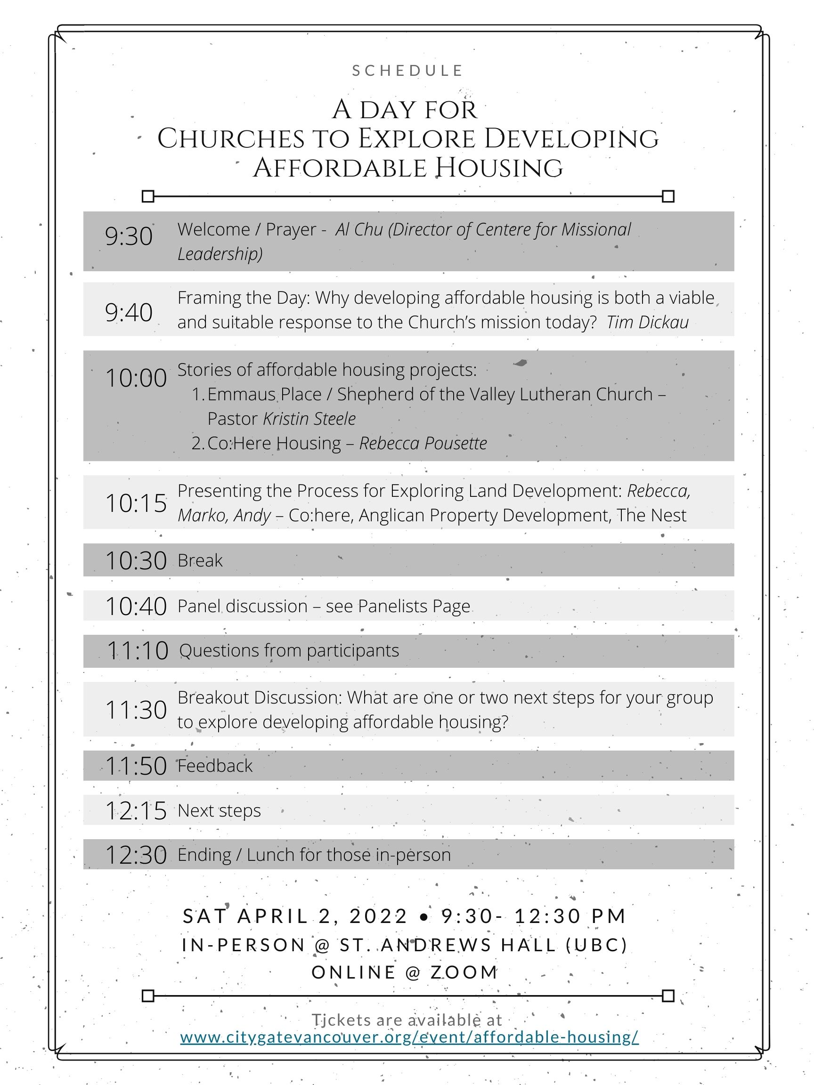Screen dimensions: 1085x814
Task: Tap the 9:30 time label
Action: (129, 236)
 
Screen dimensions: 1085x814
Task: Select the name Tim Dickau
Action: (647, 322)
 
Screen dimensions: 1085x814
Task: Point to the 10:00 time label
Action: (136, 378)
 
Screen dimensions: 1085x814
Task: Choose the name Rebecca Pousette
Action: (423, 444)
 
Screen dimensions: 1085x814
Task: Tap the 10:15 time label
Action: (136, 503)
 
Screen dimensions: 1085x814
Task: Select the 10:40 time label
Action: (136, 607)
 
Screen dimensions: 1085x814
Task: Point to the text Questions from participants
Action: (289, 651)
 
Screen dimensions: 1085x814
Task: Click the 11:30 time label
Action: (136, 710)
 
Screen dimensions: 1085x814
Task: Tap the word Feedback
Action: (215, 766)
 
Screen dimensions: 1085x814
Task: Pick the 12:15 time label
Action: (136, 811)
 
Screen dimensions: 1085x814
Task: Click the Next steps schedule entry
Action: (220, 811)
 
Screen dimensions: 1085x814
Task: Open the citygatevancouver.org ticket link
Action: (409, 1037)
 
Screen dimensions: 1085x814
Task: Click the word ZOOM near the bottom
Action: (464, 972)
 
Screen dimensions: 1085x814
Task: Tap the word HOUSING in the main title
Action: (499, 168)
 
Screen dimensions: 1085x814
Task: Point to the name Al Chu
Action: (359, 229)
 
